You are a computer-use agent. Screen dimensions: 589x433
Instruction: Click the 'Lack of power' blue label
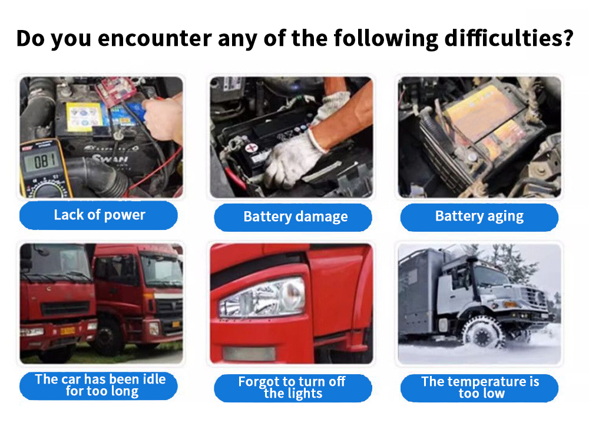coord(98,215)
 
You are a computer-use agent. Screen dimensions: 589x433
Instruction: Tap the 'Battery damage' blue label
coord(293,217)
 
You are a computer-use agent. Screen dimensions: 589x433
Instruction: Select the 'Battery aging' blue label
coord(479,217)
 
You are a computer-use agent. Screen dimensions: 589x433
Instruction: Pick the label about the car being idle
coord(98,386)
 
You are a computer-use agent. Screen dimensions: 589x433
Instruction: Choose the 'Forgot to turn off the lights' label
coord(293,388)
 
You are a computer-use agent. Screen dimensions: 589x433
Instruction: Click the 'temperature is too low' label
coord(479,388)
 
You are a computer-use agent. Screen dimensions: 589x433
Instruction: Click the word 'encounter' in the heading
coord(155,39)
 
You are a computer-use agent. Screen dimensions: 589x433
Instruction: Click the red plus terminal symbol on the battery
coord(250,148)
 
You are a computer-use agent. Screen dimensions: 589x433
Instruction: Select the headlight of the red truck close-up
coord(263,297)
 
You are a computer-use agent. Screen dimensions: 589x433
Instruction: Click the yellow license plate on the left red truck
coord(67,331)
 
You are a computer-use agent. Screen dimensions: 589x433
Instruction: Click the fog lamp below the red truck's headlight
coord(249,354)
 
